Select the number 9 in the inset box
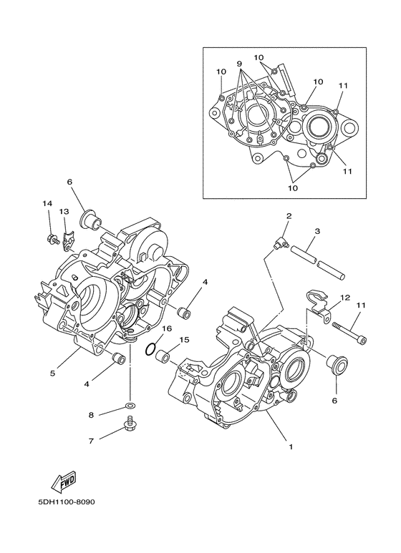tap(239, 63)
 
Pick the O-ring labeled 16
tap(150, 351)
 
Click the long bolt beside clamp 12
tap(349, 330)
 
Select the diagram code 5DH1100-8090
tap(62, 501)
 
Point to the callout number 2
tap(289, 215)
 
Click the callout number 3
tap(316, 231)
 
